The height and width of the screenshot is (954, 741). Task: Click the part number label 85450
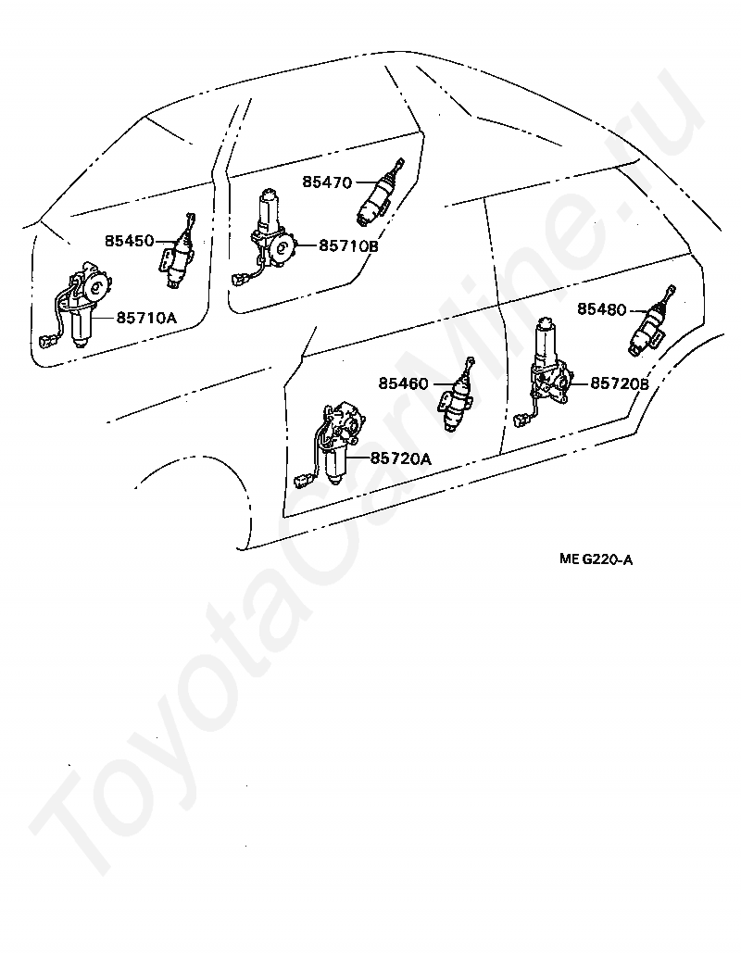point(129,241)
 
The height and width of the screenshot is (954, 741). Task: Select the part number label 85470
point(327,182)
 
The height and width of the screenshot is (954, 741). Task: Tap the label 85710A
point(146,318)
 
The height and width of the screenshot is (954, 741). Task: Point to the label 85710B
point(349,246)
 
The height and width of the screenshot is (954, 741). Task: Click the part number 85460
point(403,383)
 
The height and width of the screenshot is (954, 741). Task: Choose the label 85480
point(602,308)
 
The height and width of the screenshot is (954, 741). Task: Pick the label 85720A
point(401,458)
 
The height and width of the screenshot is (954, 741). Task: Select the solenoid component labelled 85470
point(378,194)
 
